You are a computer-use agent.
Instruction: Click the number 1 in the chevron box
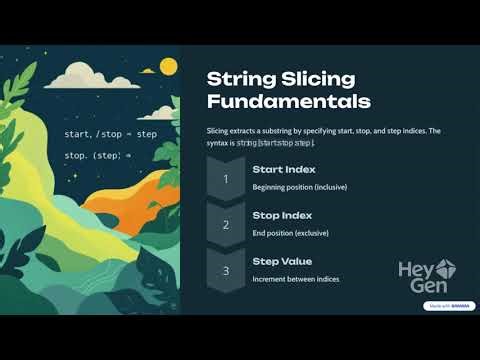[226, 179]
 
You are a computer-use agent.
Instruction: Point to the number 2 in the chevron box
[226, 225]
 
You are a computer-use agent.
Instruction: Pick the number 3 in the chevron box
[226, 270]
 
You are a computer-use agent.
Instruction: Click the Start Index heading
[284, 170]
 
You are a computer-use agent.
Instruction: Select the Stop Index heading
[282, 215]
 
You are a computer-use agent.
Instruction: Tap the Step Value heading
[282, 261]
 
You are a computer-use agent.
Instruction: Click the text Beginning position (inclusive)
[302, 188]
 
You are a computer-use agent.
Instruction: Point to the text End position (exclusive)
[290, 233]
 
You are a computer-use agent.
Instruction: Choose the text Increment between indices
[296, 278]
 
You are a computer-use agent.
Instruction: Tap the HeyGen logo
[426, 275]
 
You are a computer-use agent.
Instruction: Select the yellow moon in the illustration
[168, 67]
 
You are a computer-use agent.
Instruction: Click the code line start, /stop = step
[110, 134]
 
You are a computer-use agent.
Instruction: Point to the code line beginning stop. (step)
[98, 156]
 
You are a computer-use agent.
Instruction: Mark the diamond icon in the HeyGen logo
[445, 268]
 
